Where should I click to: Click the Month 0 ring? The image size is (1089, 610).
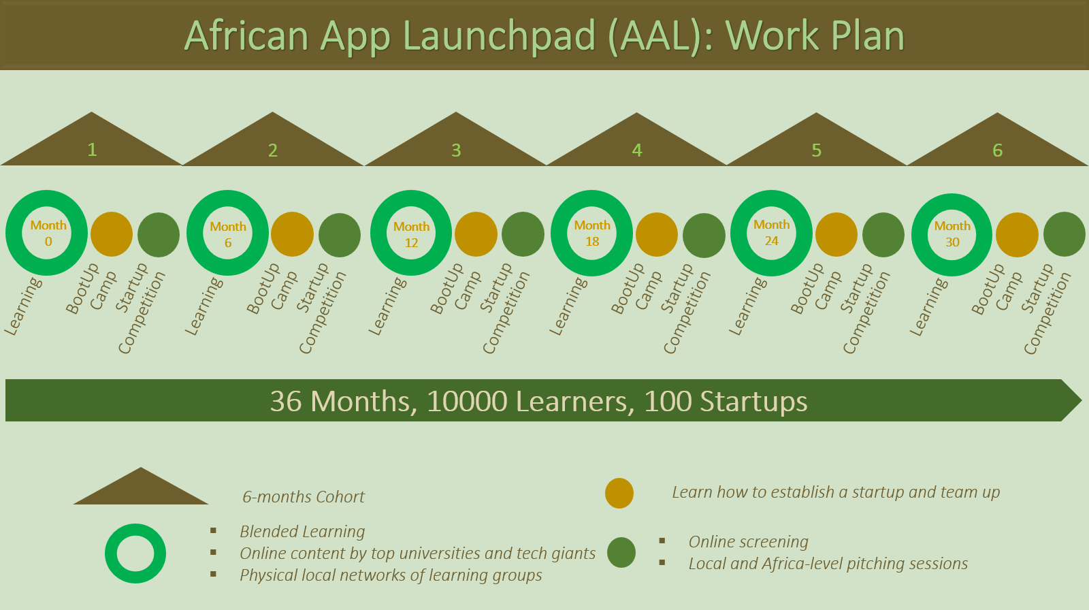coord(47,233)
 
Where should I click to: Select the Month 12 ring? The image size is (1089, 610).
coord(411,234)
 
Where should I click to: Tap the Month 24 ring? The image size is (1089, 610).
coord(771,233)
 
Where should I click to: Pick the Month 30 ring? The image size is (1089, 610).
coord(952,234)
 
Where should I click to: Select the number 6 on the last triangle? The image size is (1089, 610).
coord(997,150)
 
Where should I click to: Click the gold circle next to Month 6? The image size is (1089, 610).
coord(292,234)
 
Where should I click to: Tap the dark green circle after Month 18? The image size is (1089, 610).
coord(704,235)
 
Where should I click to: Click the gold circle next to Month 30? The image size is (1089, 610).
coord(1017,235)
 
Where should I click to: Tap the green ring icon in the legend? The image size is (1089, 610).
coord(135,553)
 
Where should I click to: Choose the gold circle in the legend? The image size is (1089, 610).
coord(619,494)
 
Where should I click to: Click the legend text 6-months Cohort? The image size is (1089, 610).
coord(304,497)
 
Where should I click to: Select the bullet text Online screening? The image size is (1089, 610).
coord(748,542)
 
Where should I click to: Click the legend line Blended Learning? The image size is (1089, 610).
coord(302,532)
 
